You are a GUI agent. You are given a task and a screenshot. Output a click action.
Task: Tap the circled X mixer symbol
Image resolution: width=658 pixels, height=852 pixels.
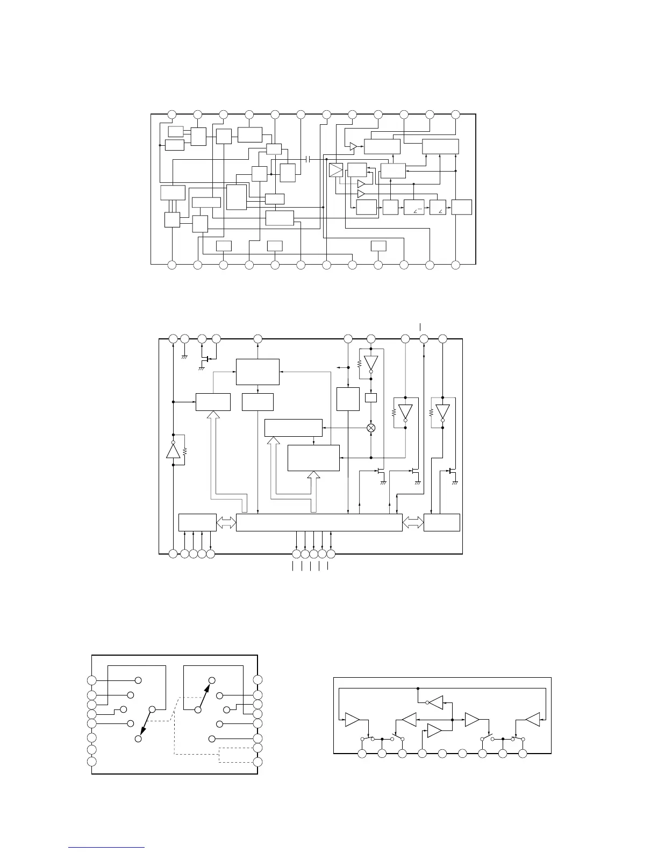(370, 428)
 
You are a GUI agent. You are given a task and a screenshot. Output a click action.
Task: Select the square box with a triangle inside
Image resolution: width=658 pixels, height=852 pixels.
(336, 171)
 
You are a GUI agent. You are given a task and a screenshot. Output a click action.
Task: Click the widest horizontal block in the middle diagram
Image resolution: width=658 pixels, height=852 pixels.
(319, 522)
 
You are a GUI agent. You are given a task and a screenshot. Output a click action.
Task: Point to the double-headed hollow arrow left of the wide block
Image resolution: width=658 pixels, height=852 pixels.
(226, 522)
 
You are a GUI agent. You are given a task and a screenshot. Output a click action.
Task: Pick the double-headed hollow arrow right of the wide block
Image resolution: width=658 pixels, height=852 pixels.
(413, 522)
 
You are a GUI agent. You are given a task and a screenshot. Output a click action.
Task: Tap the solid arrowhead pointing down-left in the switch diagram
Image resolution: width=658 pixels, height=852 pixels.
(142, 730)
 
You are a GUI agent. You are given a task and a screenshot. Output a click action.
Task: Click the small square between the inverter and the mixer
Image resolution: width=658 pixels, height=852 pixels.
(370, 397)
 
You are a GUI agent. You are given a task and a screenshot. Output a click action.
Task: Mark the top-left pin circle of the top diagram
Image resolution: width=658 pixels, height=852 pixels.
(171, 114)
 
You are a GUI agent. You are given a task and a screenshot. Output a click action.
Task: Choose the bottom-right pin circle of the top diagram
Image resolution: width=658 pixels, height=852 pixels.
(455, 265)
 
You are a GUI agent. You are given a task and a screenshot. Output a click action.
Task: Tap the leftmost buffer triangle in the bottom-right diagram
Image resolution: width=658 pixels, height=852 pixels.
(353, 719)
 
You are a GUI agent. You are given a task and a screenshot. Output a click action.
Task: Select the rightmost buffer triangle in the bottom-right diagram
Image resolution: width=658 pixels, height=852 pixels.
(533, 719)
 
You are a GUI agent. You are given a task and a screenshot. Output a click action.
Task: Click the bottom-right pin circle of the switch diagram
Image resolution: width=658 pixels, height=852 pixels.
(258, 762)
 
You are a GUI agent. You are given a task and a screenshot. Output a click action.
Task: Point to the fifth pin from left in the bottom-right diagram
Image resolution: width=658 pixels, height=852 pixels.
(442, 753)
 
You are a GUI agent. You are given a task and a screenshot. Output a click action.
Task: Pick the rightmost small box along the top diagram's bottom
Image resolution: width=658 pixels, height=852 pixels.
(378, 246)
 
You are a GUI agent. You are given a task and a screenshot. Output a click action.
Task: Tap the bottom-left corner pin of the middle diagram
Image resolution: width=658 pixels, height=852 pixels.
(173, 553)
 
